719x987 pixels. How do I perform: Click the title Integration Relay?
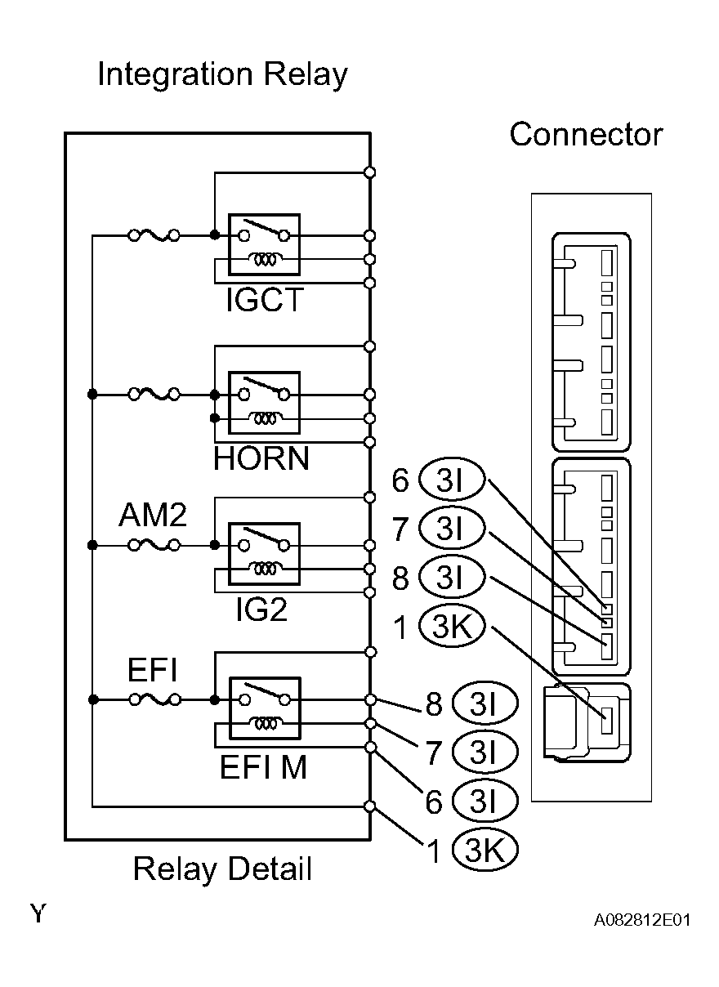222,75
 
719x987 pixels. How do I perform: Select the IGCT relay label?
264,300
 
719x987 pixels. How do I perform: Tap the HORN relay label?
261,458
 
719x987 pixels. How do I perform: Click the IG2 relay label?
261,610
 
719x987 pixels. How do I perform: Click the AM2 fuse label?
153,516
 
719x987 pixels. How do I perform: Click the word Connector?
586,135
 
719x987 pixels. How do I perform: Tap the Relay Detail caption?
222,869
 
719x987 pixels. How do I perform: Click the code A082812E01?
642,921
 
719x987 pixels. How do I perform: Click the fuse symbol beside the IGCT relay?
154,236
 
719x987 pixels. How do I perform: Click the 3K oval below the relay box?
485,851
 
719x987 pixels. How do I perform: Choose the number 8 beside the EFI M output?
433,704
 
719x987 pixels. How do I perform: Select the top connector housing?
592,342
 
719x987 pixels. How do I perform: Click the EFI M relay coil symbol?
264,722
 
